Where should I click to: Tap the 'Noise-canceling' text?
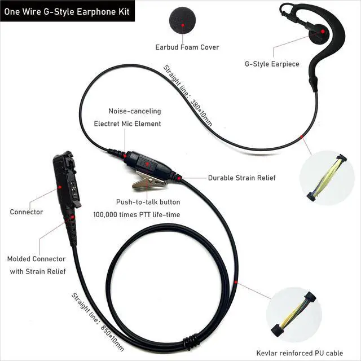tap(134, 111)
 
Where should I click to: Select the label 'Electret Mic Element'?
tap(127, 124)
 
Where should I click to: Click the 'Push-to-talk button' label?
tap(148, 202)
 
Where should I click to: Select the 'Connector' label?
tap(26, 212)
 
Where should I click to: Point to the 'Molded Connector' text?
tap(36, 259)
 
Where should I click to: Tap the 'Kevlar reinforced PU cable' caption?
tap(298, 353)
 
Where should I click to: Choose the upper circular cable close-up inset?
tap(326, 177)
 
